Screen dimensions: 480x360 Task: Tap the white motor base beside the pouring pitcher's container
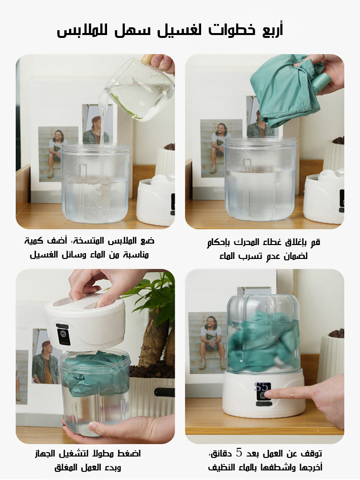point(156,201)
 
